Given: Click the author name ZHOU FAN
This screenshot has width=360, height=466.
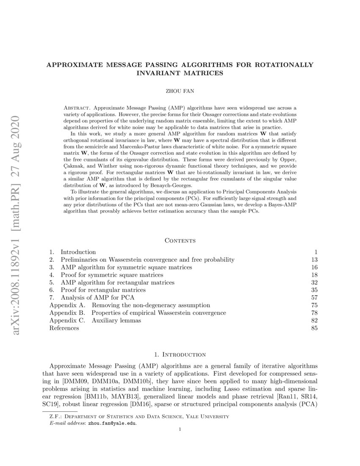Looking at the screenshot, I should (180, 91).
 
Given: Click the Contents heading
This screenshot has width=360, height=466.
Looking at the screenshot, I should (180, 241).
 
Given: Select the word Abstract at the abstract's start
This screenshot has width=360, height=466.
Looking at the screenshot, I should (75, 108).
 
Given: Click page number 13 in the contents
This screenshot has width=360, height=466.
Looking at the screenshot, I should (314, 259).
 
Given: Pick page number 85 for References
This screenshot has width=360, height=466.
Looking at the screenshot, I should (314, 328).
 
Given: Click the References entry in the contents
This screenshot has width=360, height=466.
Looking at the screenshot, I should (64, 328).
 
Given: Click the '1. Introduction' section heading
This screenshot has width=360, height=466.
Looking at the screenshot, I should (180, 354).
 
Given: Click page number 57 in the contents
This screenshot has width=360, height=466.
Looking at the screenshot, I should (314, 297).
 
